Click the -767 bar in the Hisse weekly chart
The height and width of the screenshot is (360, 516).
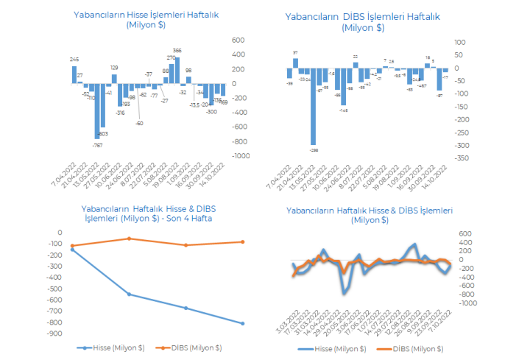click(x=96, y=111)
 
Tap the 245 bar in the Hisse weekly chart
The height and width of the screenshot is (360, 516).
click(x=74, y=75)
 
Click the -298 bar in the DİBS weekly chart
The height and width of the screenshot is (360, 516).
click(x=314, y=106)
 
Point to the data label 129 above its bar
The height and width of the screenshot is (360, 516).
click(x=114, y=68)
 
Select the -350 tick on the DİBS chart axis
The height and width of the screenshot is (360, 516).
click(x=462, y=158)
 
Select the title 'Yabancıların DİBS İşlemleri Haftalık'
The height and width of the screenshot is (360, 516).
click(x=362, y=17)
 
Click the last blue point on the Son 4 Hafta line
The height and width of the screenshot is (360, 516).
click(x=241, y=323)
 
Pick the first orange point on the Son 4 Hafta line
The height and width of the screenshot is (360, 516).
click(x=72, y=246)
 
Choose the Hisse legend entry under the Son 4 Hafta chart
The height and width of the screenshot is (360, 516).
click(x=113, y=347)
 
